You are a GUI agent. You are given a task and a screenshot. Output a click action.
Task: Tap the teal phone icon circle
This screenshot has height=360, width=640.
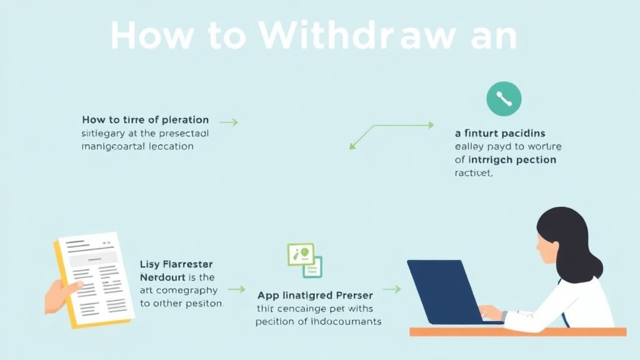click(x=504, y=99)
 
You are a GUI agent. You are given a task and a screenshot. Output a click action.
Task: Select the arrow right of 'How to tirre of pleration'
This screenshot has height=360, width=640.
click(x=229, y=122)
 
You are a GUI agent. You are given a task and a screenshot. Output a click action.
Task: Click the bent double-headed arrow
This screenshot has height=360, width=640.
click(x=391, y=134)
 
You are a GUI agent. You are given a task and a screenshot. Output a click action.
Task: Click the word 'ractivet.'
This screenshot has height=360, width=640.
click(x=474, y=174)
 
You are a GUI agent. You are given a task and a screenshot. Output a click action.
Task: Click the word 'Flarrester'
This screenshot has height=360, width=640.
click(x=187, y=263)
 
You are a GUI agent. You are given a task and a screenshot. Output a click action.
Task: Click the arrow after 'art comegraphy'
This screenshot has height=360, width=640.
click(x=236, y=289)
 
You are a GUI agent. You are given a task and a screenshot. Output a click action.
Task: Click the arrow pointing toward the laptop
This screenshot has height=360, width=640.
click(x=391, y=289)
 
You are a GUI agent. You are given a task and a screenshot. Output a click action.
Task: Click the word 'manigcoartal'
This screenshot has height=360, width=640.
click(x=111, y=146)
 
